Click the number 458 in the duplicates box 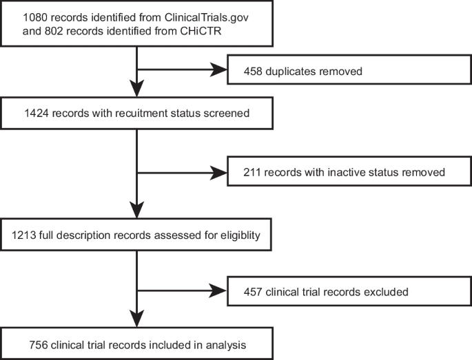(x=255, y=72)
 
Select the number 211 (x=254, y=172)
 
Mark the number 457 (x=255, y=292)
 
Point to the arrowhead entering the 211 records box (x=220, y=173)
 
